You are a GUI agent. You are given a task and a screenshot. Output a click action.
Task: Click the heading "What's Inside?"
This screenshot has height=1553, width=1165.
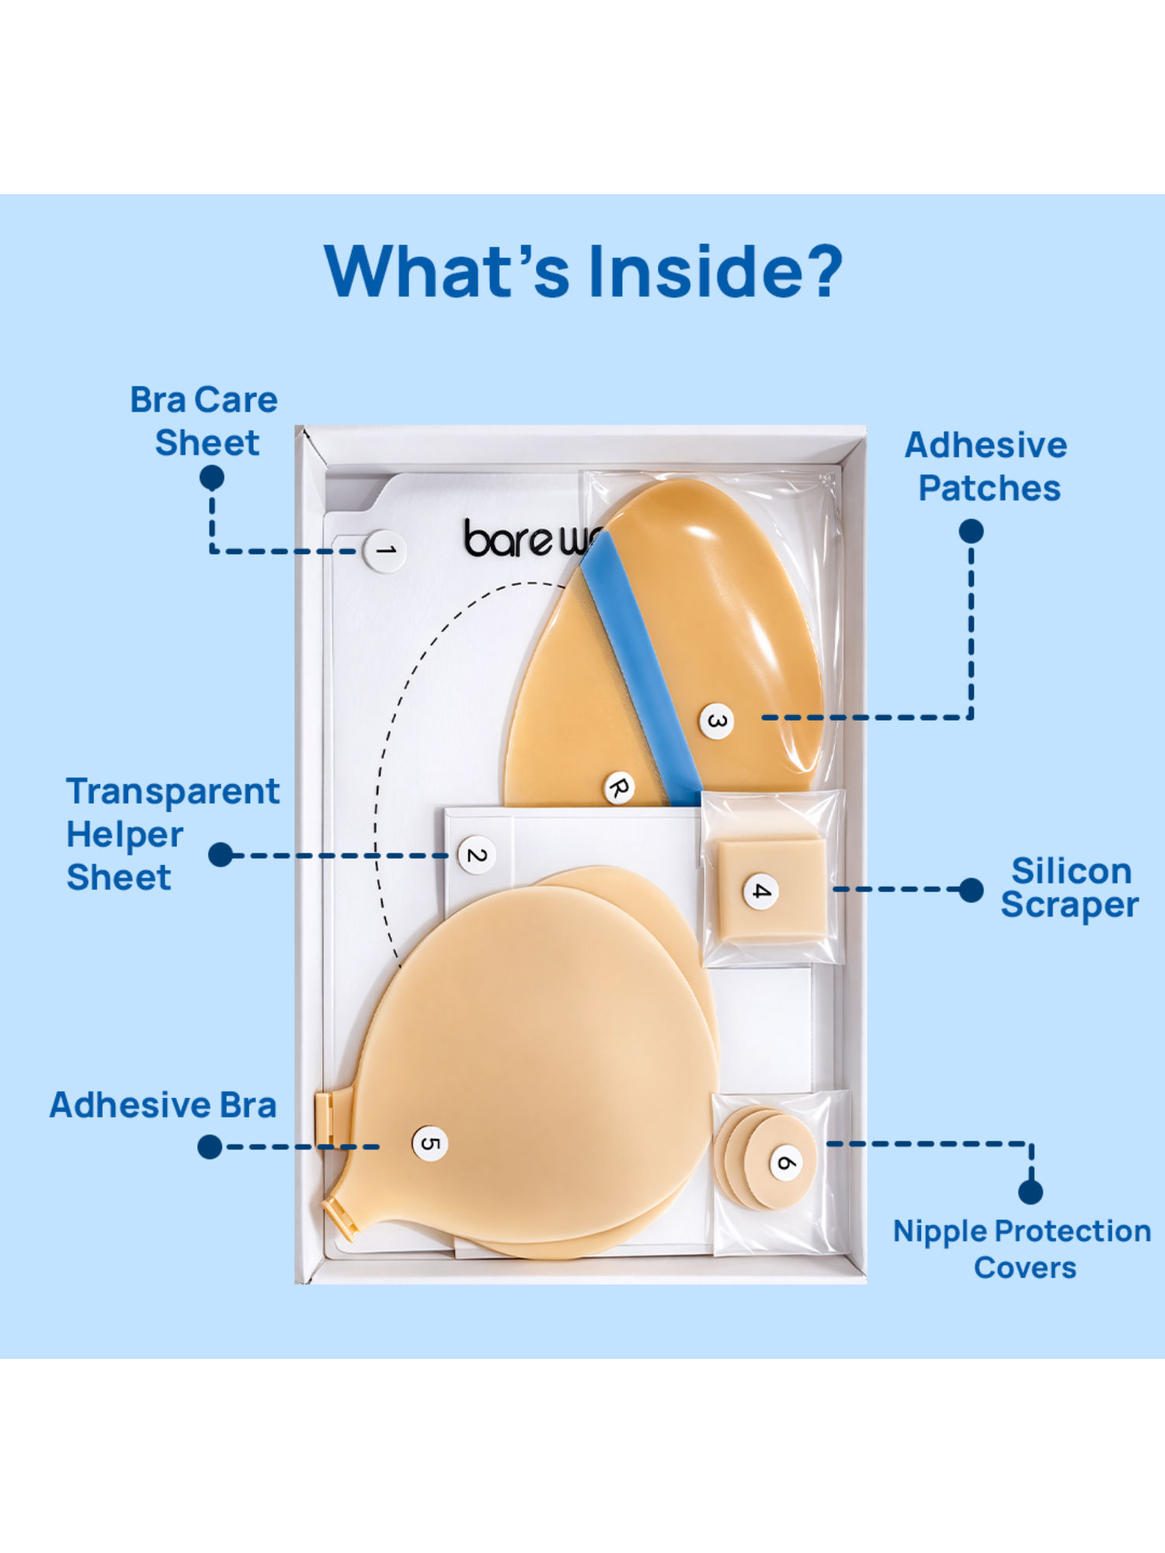click(582, 271)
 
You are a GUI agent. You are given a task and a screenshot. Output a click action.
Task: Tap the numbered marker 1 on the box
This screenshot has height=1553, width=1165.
click(385, 551)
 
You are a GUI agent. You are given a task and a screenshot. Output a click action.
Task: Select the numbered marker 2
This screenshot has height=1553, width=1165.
click(476, 855)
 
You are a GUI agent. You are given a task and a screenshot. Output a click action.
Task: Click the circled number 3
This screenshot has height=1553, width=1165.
click(715, 721)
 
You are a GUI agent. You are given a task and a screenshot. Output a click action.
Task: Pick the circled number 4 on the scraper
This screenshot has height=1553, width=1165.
click(761, 891)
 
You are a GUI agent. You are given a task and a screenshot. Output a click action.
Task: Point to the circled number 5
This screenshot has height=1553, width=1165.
click(429, 1144)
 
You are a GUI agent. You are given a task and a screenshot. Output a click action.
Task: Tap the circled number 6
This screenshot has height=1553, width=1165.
click(785, 1163)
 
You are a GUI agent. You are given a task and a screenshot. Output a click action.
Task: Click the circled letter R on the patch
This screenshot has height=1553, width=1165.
click(619, 788)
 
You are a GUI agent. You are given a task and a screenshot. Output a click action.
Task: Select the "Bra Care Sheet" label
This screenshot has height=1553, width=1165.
click(204, 421)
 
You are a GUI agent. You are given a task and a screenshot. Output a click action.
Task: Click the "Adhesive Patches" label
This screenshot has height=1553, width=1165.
click(986, 467)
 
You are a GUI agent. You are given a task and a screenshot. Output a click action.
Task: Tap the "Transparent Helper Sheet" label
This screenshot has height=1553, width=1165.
click(172, 834)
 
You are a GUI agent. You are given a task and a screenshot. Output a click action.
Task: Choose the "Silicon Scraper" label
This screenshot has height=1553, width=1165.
click(1069, 888)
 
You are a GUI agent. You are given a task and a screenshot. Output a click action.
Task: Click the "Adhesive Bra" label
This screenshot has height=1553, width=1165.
click(163, 1104)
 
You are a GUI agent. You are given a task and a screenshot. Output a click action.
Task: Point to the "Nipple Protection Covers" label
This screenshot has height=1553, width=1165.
click(1022, 1249)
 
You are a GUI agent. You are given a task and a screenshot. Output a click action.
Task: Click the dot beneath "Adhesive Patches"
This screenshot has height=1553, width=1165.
click(971, 532)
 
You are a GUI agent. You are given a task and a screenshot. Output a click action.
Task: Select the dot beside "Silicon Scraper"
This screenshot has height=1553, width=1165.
click(971, 890)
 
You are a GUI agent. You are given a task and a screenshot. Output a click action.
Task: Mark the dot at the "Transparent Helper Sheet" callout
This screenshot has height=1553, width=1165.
click(221, 855)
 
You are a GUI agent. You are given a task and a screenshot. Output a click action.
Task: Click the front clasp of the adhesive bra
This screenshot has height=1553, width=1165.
click(324, 1118)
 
